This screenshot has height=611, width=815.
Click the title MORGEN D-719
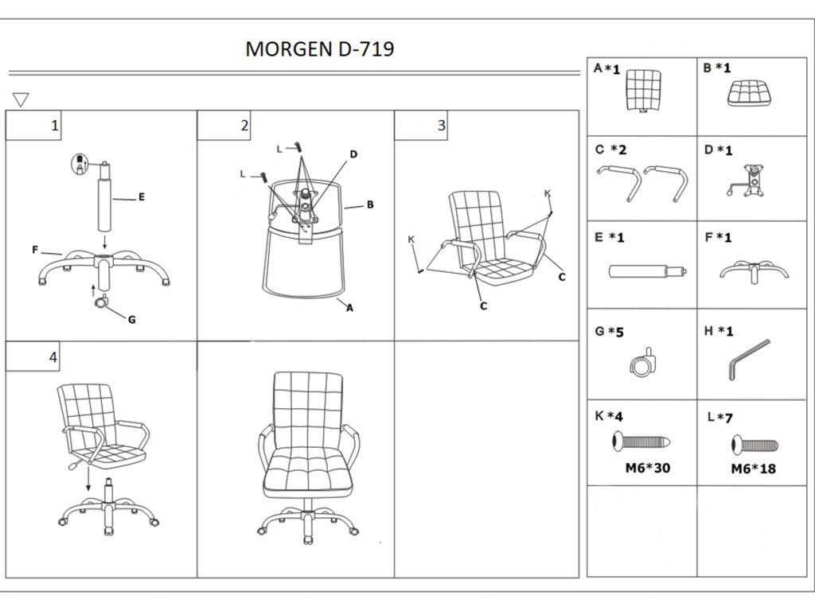coord(319,49)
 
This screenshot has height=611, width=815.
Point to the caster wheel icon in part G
coord(643,362)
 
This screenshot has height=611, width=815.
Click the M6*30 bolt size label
coord(647,468)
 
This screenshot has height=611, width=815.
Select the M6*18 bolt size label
coord(753,469)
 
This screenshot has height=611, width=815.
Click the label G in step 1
coord(132,320)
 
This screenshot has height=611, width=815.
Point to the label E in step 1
coord(141,197)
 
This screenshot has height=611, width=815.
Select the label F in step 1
coord(35,250)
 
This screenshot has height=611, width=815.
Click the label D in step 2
coord(353,154)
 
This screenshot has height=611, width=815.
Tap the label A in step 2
coord(349,310)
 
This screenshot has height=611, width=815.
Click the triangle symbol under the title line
coord(21,99)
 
